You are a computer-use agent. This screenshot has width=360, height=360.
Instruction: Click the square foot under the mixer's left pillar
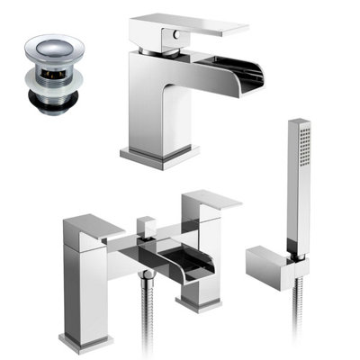click(85, 340)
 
